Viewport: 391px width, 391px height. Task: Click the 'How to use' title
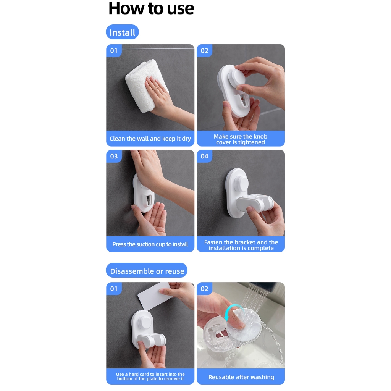click(x=151, y=9)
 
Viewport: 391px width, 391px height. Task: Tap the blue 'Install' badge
click(x=122, y=32)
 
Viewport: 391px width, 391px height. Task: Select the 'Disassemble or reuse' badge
click(x=147, y=271)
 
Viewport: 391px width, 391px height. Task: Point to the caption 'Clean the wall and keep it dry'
click(x=150, y=139)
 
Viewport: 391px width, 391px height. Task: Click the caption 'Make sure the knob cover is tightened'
click(x=241, y=139)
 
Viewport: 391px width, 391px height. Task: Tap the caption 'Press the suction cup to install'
click(x=150, y=244)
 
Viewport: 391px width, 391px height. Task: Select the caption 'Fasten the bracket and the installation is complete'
click(x=241, y=245)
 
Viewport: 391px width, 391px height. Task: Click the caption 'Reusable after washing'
click(x=241, y=377)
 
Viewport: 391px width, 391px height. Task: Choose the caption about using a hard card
click(x=150, y=376)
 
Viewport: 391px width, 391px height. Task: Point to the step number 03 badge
click(x=114, y=156)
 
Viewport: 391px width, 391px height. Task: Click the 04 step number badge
click(x=205, y=156)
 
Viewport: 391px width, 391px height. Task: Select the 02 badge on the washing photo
click(x=205, y=289)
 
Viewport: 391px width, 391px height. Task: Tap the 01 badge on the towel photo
click(x=114, y=51)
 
